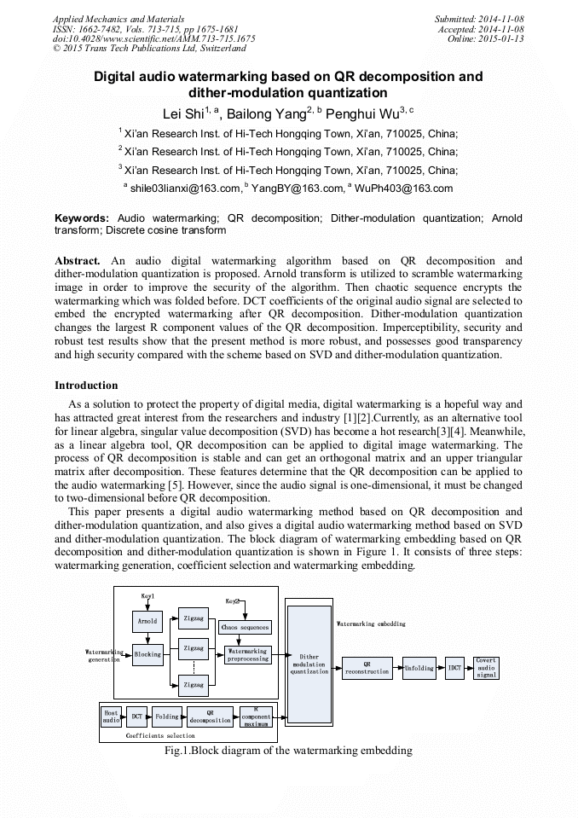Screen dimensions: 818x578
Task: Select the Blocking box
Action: coord(147,654)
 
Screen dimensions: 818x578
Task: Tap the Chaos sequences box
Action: coord(246,627)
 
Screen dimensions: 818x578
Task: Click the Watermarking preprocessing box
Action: coord(247,655)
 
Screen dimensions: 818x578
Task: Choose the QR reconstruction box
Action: coord(367,668)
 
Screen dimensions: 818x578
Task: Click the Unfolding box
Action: coord(419,668)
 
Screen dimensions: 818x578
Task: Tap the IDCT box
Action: coord(454,668)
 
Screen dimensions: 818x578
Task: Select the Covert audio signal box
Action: coord(486,667)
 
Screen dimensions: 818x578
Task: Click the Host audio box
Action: coord(111,716)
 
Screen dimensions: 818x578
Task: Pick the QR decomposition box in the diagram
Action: coord(210,716)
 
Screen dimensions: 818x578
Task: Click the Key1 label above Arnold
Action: coord(147,594)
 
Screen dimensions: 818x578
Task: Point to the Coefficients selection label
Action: coord(160,735)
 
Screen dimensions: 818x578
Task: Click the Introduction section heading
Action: coord(86,386)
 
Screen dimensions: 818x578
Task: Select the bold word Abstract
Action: coord(78,260)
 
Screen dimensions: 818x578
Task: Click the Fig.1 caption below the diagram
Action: coord(288,751)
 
